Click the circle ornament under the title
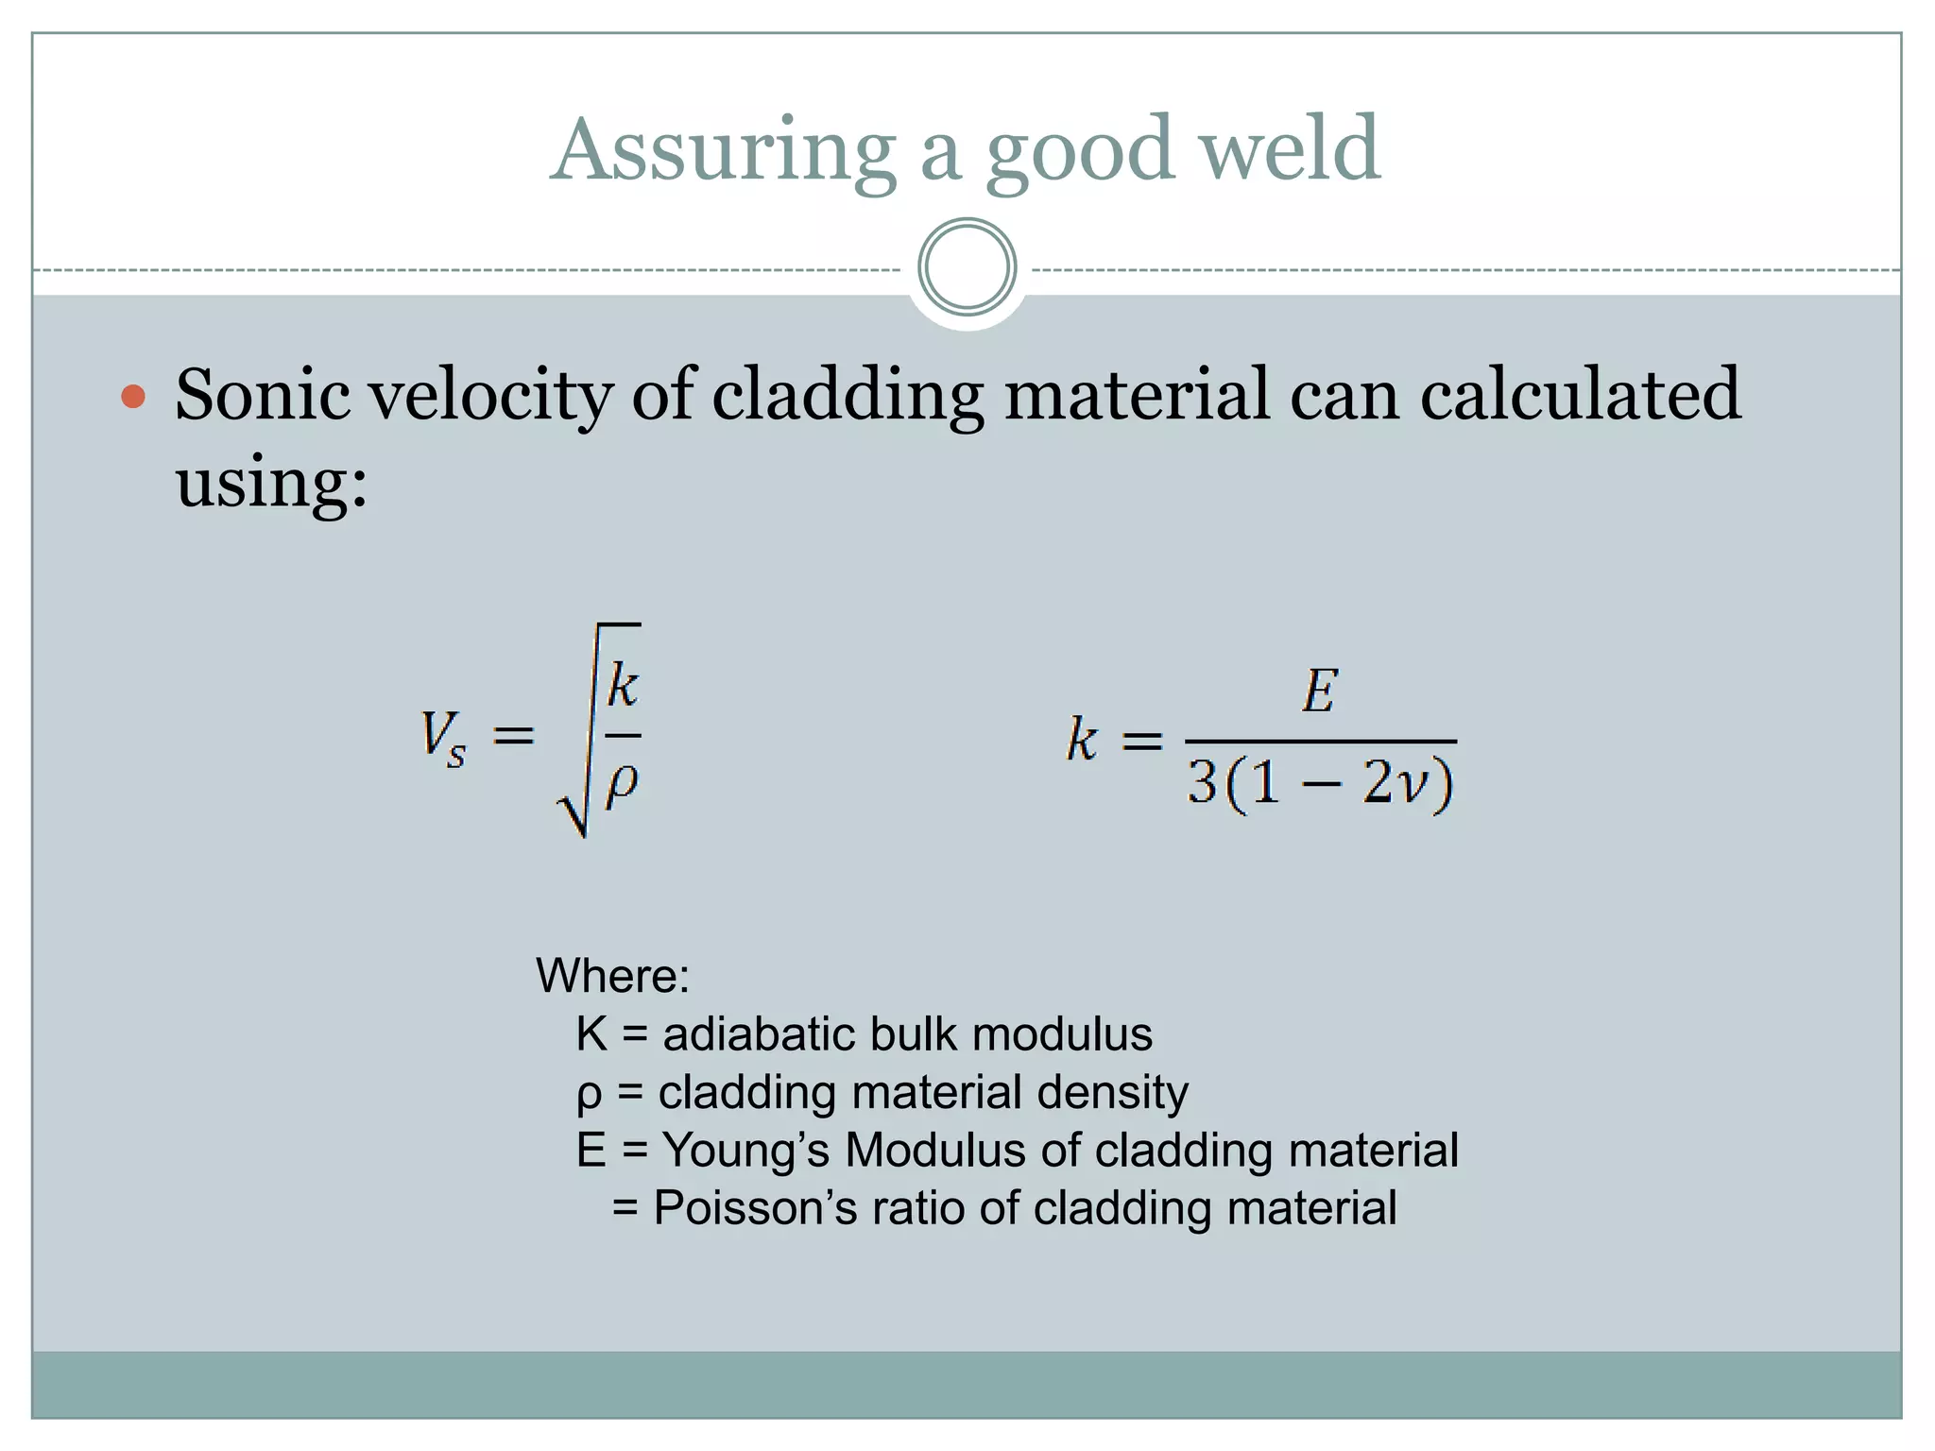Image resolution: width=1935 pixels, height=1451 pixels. pos(967,267)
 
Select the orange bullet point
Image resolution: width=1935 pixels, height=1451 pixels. pos(134,396)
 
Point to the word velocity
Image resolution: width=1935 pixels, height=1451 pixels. pos(490,396)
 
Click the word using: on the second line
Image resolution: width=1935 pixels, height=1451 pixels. pos(271,482)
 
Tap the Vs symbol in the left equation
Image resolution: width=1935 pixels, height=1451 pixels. pos(442,737)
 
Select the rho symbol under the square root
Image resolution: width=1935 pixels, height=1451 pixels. pos(622,781)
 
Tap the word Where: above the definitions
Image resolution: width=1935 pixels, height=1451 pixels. pos(612,975)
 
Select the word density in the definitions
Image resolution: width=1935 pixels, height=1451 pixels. pos(1112,1092)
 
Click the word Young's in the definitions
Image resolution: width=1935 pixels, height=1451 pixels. pos(745,1151)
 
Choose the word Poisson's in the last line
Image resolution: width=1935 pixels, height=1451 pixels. pos(755,1208)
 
